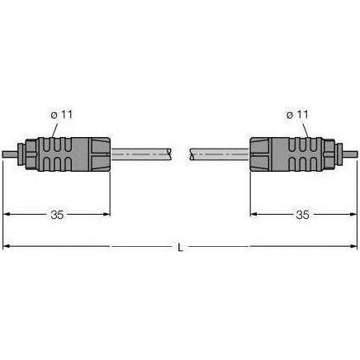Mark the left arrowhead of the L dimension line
[x=7, y=246]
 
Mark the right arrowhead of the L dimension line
[x=353, y=246]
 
